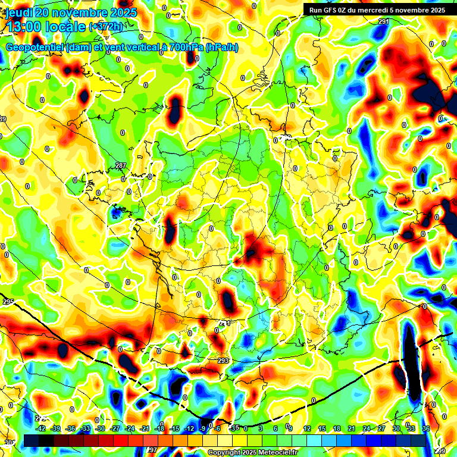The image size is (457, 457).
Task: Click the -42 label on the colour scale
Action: tap(41, 428)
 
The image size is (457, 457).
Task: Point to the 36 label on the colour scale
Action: tap(426, 428)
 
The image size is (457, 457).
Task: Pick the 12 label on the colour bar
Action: tap(306, 428)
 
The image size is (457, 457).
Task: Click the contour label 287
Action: tap(121, 165)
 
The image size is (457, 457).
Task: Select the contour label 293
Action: tap(223, 361)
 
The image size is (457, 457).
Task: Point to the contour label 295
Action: tap(8, 302)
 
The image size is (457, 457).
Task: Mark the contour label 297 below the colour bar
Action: tap(152, 450)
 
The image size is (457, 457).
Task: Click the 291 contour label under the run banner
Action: tap(384, 21)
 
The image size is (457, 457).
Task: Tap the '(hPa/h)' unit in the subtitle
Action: tap(221, 48)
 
